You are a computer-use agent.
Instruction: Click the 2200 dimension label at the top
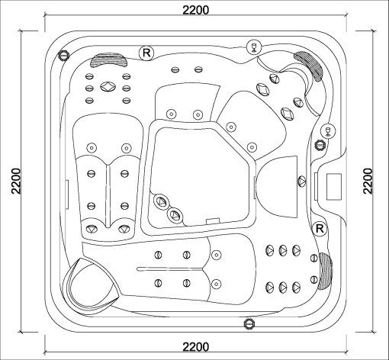tap(196, 10)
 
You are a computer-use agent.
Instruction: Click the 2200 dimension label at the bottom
tap(196, 347)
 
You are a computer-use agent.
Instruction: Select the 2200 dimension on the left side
tap(16, 181)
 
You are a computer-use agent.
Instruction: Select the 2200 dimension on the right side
tap(368, 181)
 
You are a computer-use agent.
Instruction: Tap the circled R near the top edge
tap(146, 53)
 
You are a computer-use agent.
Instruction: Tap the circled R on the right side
tap(320, 228)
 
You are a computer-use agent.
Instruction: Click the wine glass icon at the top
tap(254, 47)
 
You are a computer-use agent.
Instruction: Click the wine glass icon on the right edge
tap(328, 131)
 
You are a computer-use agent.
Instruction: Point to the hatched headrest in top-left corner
tap(109, 59)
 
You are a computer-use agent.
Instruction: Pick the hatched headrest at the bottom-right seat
tap(325, 271)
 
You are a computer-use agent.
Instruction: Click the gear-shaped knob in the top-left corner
tap(63, 55)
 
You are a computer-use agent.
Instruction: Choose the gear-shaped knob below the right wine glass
tap(320, 146)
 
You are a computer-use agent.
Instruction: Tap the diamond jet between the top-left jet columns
tap(108, 86)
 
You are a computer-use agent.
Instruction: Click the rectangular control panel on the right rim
tap(333, 186)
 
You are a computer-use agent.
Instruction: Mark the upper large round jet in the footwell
tap(161, 201)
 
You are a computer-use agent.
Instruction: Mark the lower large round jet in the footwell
tap(175, 215)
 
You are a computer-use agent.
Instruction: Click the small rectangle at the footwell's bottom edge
tap(213, 220)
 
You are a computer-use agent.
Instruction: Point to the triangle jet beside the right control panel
tap(301, 182)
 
